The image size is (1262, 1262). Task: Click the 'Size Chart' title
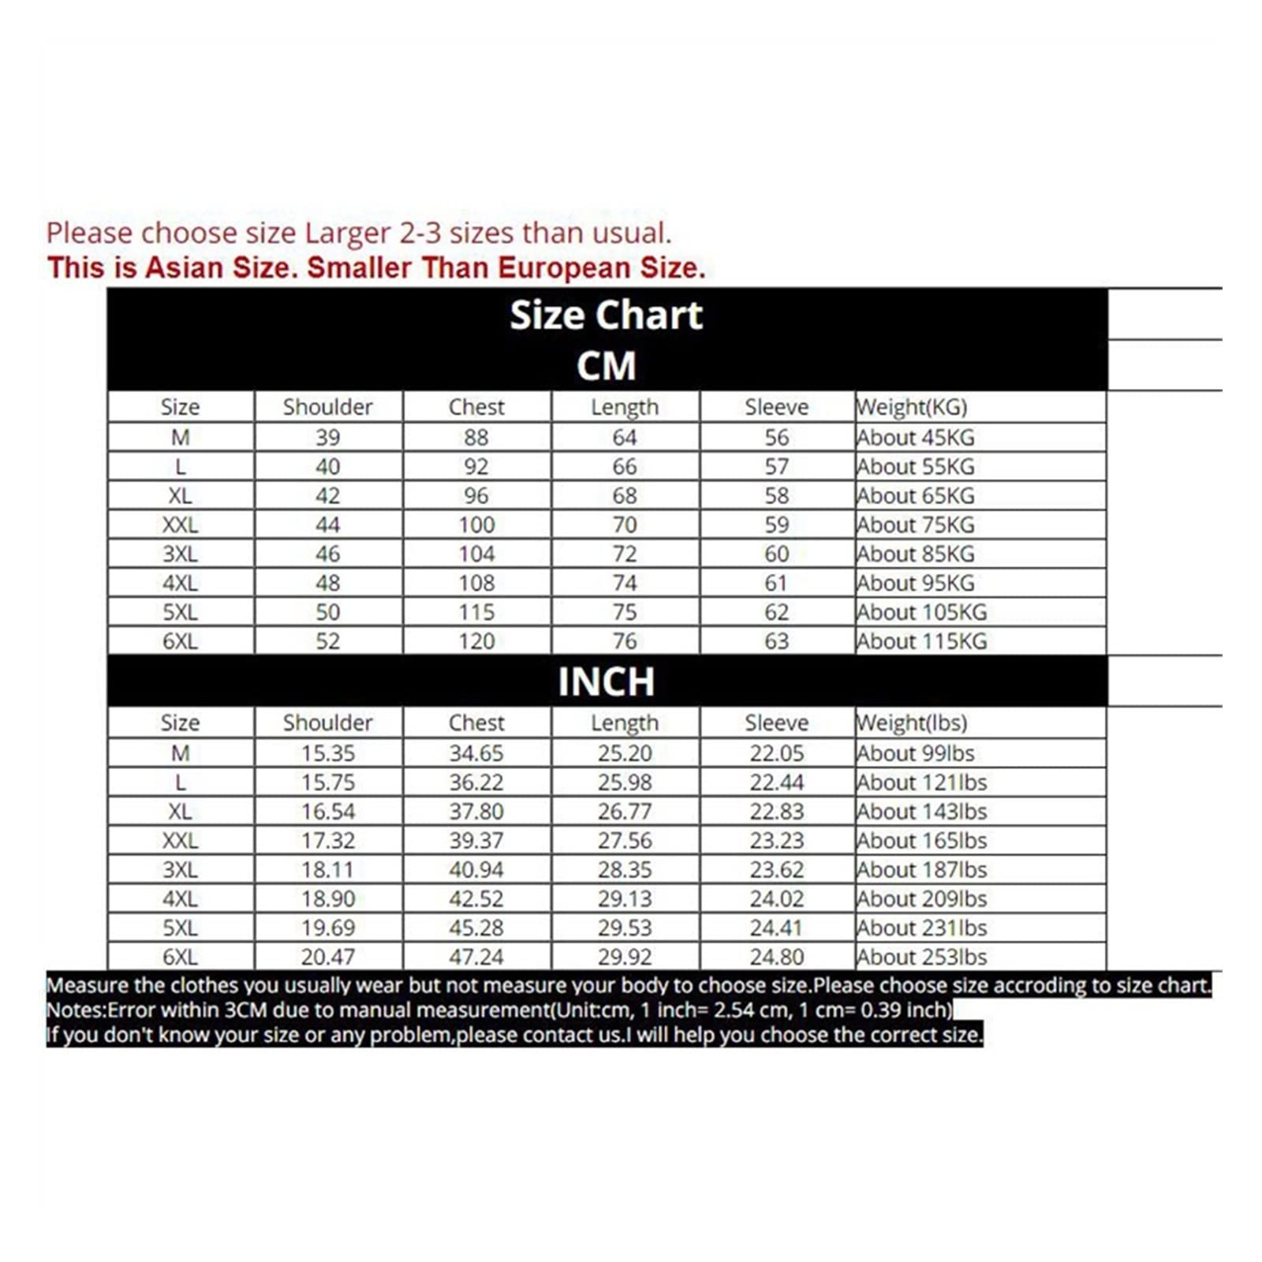(x=606, y=315)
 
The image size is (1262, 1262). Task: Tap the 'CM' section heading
(x=606, y=366)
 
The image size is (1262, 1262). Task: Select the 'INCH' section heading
(x=606, y=681)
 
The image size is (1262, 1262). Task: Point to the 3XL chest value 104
(x=476, y=554)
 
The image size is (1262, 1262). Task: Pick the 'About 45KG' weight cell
(x=916, y=437)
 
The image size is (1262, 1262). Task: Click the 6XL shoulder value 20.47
(x=327, y=957)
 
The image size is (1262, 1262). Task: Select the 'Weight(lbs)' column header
(x=912, y=722)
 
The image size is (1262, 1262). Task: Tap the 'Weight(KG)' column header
(x=912, y=407)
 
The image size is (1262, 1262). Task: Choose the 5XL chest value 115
(x=476, y=612)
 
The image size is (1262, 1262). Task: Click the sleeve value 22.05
(x=776, y=753)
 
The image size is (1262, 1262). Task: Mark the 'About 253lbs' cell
(x=922, y=957)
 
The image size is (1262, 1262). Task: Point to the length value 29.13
(x=624, y=898)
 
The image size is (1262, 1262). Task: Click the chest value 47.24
(x=476, y=957)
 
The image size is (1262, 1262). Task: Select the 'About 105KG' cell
(x=922, y=612)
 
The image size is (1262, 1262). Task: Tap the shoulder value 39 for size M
(x=327, y=437)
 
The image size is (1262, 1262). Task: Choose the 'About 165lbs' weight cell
(x=922, y=841)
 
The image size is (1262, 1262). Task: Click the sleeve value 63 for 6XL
(x=776, y=641)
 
